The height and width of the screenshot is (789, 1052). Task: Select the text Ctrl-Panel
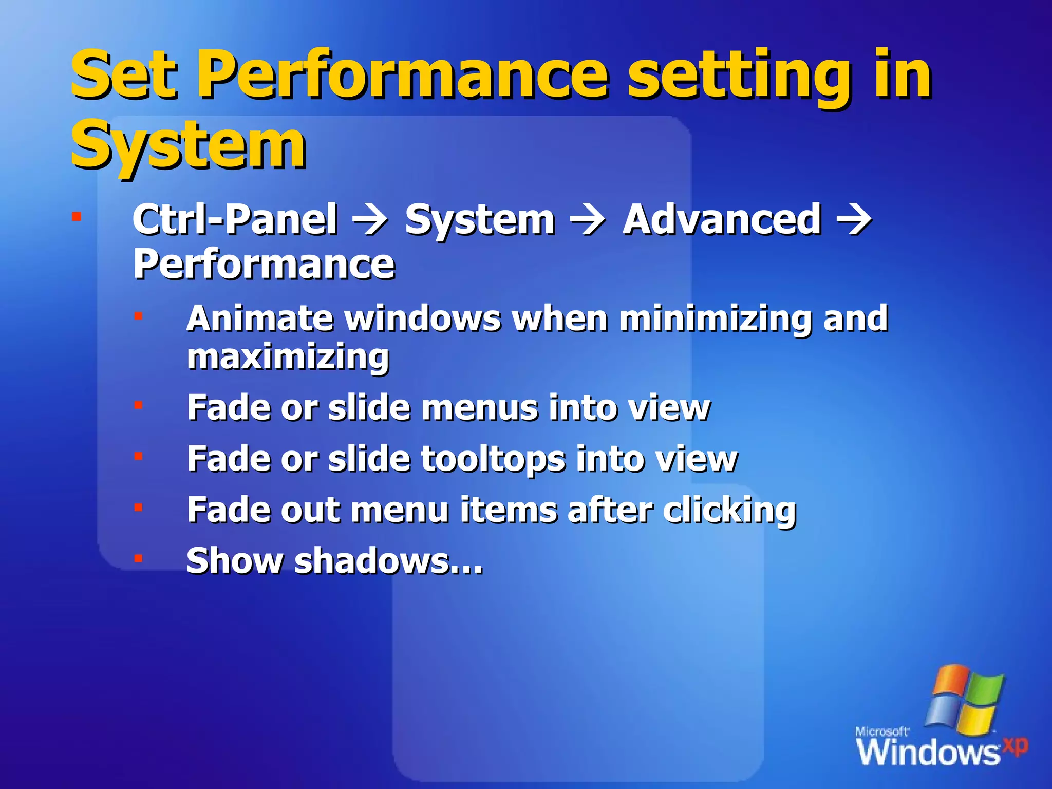(x=235, y=220)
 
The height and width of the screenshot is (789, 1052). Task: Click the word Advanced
(x=722, y=220)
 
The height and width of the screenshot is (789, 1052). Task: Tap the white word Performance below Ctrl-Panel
(x=264, y=265)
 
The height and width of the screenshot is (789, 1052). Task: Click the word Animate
(x=260, y=318)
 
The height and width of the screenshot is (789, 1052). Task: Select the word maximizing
(x=288, y=358)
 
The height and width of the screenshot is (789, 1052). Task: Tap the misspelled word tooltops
(x=493, y=459)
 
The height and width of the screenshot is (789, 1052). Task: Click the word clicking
(x=729, y=511)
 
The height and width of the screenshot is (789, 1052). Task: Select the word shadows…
(x=388, y=561)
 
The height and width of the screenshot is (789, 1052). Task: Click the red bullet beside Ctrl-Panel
(x=77, y=216)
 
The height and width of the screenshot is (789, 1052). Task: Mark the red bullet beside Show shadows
(x=138, y=558)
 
